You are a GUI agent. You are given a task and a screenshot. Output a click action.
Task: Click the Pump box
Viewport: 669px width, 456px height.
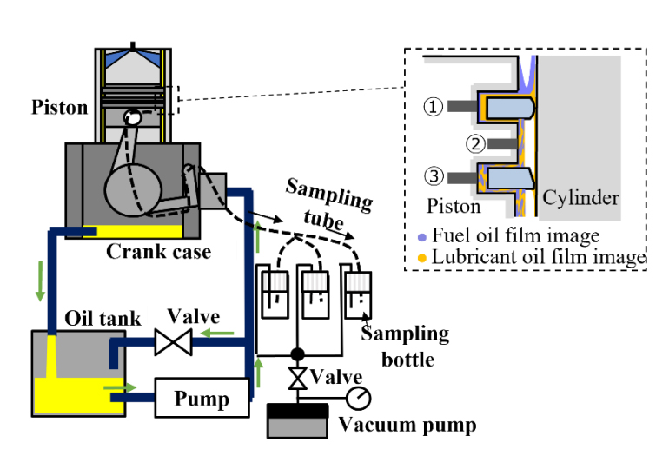[x=202, y=398]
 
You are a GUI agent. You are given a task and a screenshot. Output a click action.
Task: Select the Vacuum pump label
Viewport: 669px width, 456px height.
[x=407, y=426]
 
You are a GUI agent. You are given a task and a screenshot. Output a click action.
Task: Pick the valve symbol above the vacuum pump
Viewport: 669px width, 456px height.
[x=296, y=380]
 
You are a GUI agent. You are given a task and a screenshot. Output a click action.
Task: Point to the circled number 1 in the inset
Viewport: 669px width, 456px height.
[x=434, y=106]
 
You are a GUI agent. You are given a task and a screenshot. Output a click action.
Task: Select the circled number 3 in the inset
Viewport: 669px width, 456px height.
[x=434, y=176]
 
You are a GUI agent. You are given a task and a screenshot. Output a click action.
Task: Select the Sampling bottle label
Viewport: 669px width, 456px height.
[x=406, y=344]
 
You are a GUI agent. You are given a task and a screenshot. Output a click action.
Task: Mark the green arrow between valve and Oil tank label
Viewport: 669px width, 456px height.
[x=222, y=332]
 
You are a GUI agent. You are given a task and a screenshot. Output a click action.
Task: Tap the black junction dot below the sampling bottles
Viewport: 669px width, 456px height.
[x=297, y=354]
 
